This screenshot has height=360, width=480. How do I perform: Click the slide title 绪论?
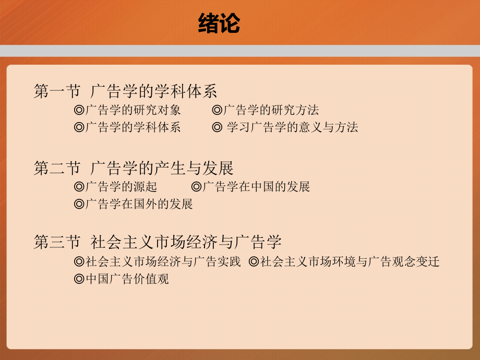[x=219, y=23]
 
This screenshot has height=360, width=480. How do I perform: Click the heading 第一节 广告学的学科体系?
[x=125, y=92]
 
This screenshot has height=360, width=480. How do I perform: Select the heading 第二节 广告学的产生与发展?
[x=134, y=168]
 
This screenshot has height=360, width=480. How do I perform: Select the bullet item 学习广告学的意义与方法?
[x=292, y=127]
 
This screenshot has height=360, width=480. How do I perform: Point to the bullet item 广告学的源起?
[x=121, y=187]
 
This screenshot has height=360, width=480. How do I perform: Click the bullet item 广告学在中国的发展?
[x=256, y=187]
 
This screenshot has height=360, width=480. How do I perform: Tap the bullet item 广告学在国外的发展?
[x=139, y=204]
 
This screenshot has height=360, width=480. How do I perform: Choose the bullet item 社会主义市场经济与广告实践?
[x=163, y=262]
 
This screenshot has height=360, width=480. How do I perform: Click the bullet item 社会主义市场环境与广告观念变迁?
[x=350, y=262]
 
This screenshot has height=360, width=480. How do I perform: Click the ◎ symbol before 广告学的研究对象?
[x=79, y=111]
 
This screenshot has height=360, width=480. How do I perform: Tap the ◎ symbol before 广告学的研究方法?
[x=218, y=111]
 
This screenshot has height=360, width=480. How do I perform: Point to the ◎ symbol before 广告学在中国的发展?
[x=197, y=187]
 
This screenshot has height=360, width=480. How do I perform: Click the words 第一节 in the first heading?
[x=57, y=92]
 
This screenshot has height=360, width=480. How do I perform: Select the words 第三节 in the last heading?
[x=57, y=242]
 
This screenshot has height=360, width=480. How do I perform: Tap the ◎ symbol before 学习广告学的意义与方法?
[x=218, y=127]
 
